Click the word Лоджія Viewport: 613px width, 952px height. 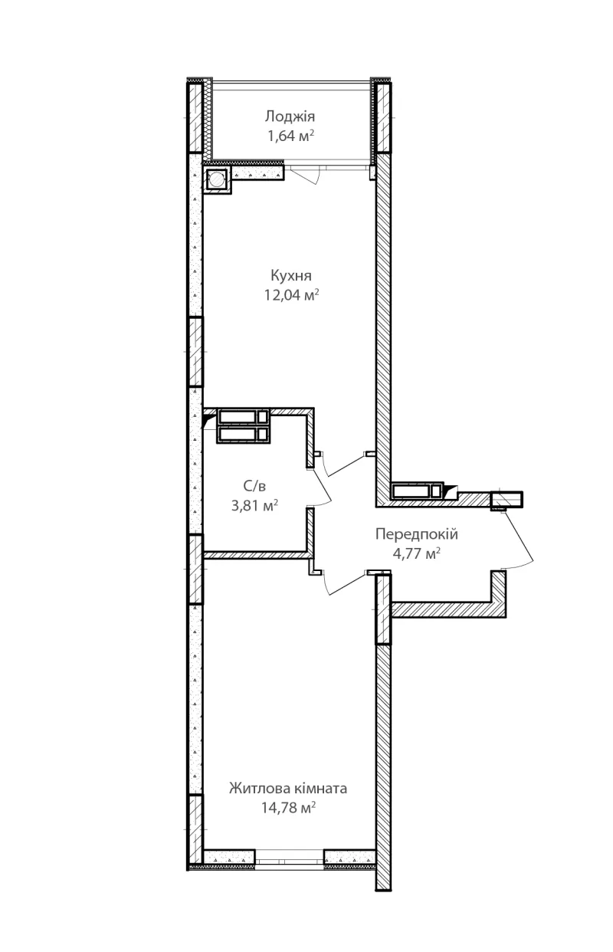pos(290,116)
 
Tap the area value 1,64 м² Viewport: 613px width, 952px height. pos(290,136)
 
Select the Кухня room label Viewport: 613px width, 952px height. pos(291,275)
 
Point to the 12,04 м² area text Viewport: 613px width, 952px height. pos(291,294)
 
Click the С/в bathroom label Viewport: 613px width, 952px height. pos(254,486)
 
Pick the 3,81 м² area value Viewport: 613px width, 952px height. pos(254,505)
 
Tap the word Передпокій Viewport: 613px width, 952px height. pos(417,533)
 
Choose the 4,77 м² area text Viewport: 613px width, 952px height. pos(416,553)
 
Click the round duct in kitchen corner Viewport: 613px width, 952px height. pos(217,180)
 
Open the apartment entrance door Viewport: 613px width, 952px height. pos(519,540)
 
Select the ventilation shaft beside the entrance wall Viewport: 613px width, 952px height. pos(417,491)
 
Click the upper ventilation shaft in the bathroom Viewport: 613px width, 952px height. pos(243,416)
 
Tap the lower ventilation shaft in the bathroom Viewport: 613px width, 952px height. pos(243,435)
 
